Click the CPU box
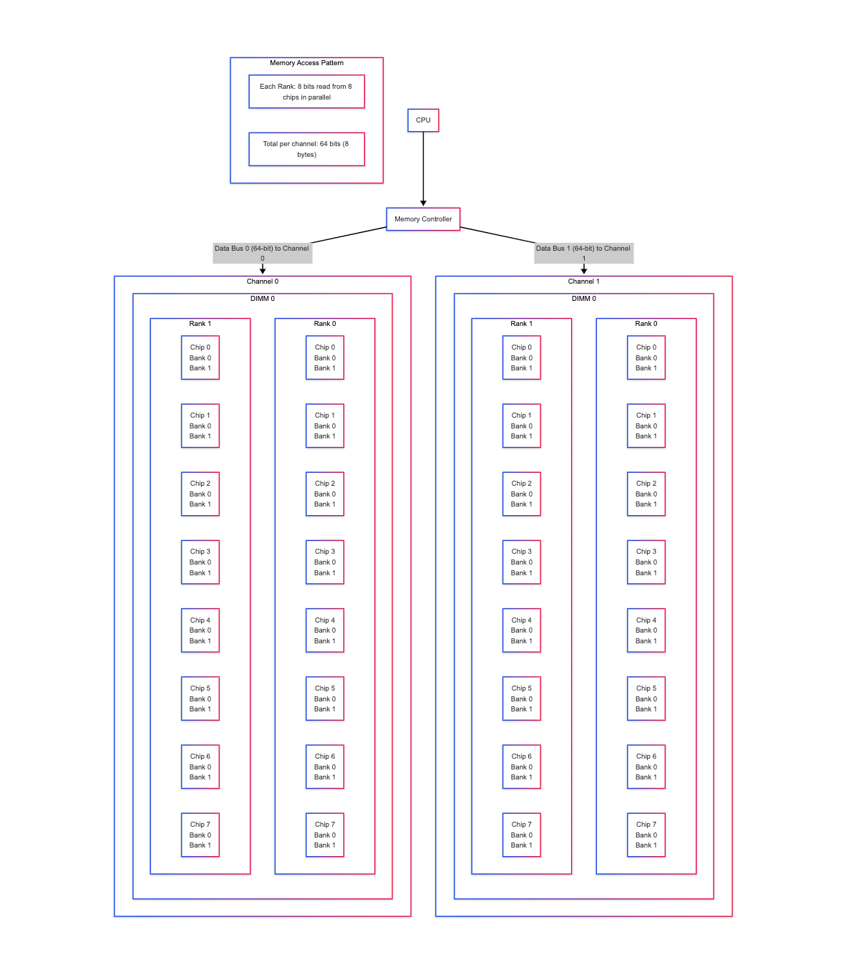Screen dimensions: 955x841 423,120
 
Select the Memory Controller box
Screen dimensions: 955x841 423,219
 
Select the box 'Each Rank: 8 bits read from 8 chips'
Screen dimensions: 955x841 306,92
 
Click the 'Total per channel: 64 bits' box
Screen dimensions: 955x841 306,149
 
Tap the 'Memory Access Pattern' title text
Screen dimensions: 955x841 306,63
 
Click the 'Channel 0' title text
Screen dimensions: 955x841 263,282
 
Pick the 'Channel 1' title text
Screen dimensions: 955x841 583,282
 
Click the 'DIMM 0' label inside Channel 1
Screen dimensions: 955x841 583,299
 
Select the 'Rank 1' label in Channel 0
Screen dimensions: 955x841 200,324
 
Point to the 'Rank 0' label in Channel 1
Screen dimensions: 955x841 646,324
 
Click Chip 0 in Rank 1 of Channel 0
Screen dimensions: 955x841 200,357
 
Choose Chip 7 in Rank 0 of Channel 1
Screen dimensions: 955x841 646,835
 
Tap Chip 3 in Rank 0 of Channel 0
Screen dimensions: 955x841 325,562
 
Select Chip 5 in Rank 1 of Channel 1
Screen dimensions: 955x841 521,699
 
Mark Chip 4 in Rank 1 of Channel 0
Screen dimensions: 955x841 200,630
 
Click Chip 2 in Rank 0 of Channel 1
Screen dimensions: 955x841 646,494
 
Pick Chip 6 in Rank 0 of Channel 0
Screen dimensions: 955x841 325,767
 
